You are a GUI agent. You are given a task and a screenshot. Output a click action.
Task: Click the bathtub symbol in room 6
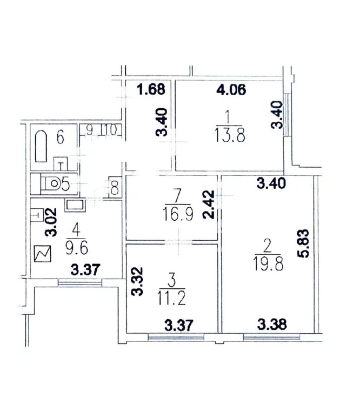41,146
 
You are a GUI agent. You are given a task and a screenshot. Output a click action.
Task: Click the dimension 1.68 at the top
151,89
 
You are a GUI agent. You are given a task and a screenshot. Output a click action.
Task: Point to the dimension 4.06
231,89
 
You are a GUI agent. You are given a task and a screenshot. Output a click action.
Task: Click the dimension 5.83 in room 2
303,243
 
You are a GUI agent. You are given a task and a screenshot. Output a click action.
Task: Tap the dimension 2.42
209,205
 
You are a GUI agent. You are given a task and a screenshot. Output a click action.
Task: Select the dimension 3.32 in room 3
137,281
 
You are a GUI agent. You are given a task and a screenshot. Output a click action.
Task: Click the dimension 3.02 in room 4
51,222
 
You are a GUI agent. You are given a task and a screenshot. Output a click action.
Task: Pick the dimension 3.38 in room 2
272,325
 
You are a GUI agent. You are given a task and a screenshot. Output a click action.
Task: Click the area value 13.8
230,135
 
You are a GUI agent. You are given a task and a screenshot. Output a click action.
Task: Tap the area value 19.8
269,264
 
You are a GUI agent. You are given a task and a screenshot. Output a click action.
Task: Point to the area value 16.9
178,214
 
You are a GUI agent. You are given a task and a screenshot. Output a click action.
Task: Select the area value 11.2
171,298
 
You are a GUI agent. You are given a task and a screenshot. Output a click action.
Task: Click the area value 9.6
77,249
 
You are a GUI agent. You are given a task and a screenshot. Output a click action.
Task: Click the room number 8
115,187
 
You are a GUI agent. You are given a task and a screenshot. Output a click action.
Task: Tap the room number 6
61,137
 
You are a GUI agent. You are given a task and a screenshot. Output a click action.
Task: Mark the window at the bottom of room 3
176,338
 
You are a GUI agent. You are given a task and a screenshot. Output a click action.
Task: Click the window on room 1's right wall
286,115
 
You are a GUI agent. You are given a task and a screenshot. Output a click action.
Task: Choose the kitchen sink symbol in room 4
75,206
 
